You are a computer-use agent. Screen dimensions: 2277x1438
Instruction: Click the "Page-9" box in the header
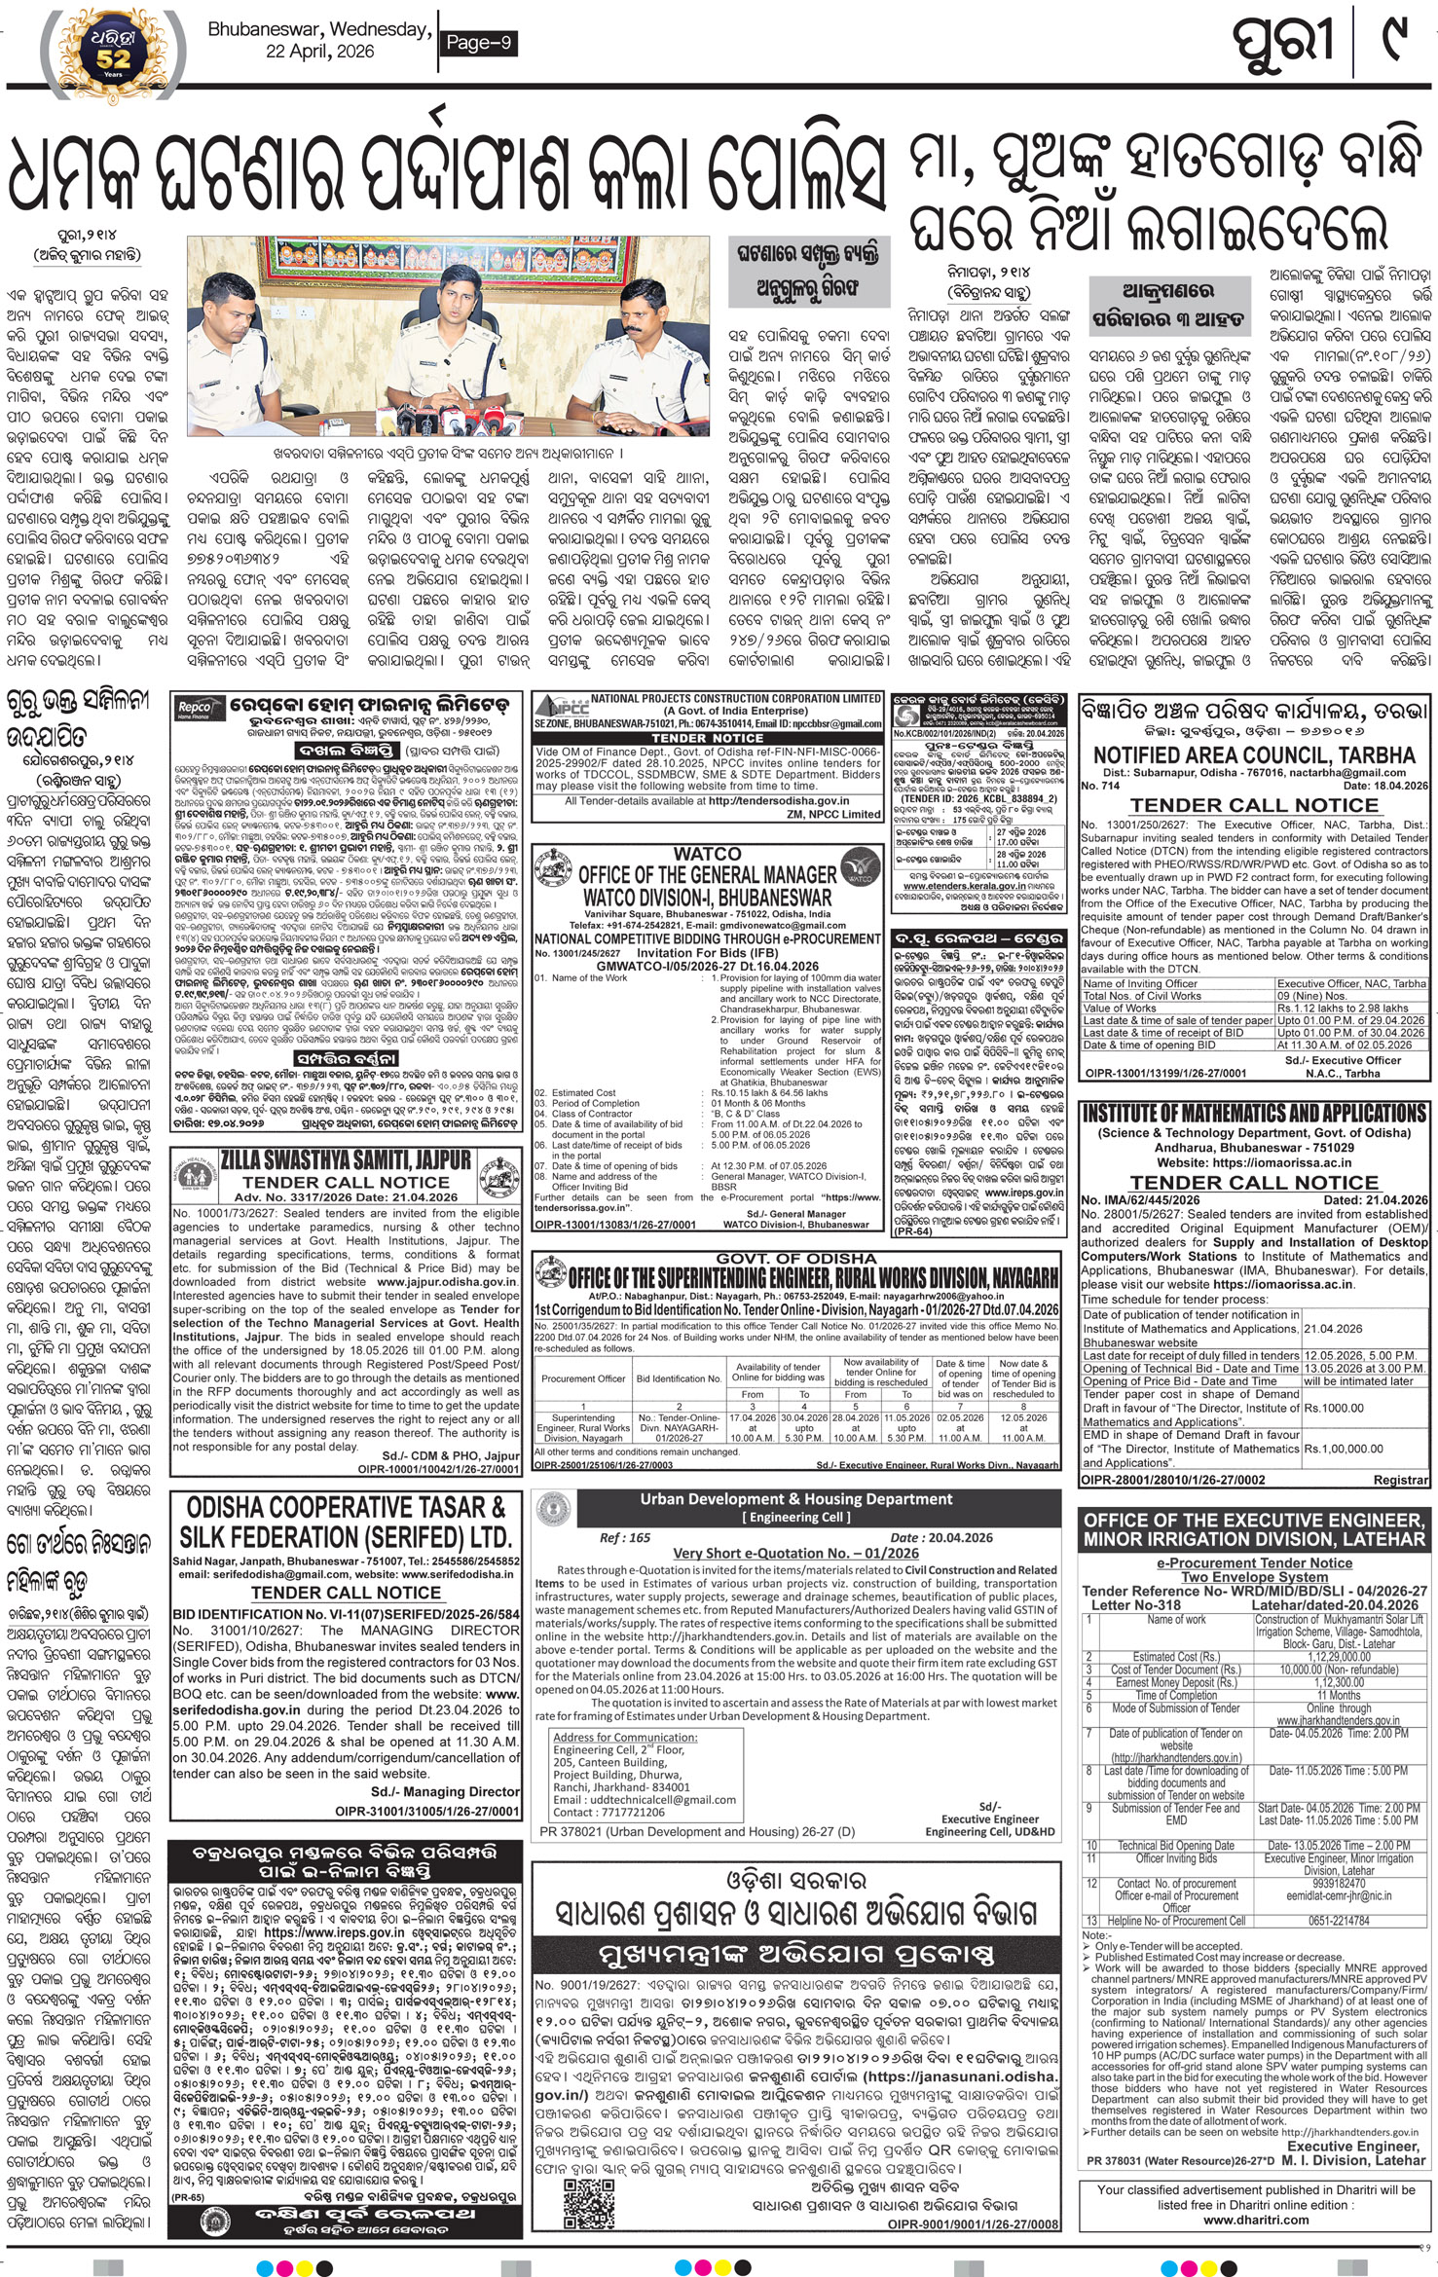pyautogui.click(x=479, y=43)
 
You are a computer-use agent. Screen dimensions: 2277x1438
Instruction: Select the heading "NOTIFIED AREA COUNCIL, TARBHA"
pyautogui.click(x=1254, y=755)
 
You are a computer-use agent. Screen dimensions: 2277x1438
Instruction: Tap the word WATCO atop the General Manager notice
pyautogui.click(x=706, y=853)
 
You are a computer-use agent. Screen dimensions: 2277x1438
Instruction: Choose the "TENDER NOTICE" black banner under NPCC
pyautogui.click(x=707, y=737)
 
